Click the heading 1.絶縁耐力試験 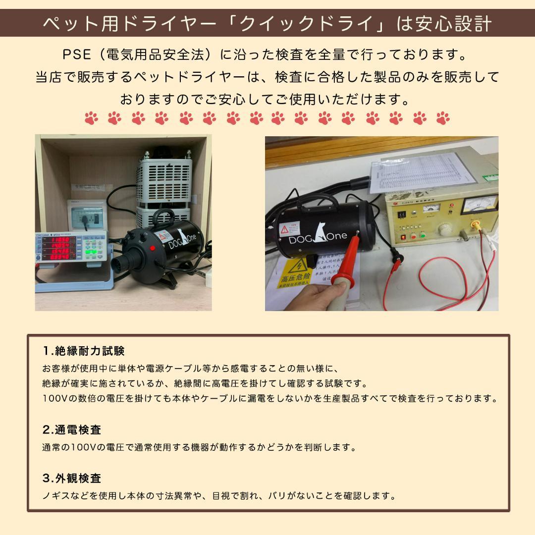(x=84, y=351)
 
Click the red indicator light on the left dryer (x=152, y=248)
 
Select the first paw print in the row (x=91, y=118)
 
